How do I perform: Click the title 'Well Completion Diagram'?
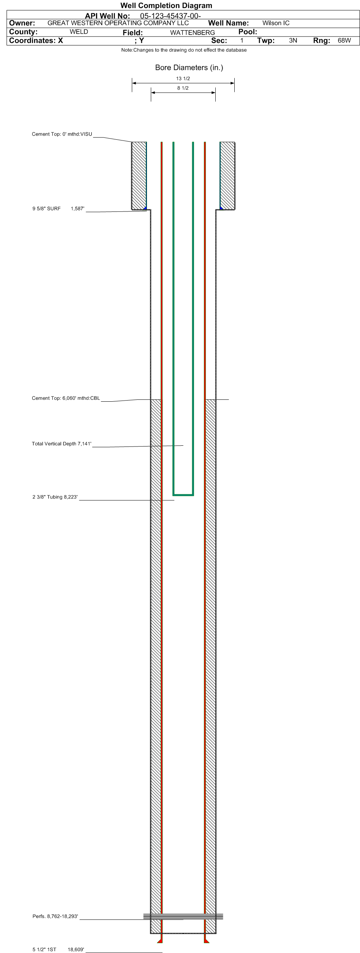click(x=166, y=5)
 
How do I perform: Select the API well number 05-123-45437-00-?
click(x=170, y=16)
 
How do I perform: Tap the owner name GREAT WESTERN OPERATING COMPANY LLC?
click(x=118, y=23)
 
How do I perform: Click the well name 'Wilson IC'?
click(x=276, y=23)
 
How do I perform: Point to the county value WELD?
click(x=79, y=32)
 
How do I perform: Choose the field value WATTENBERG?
click(x=193, y=33)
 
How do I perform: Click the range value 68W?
click(x=344, y=41)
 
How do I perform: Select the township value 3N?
click(x=293, y=41)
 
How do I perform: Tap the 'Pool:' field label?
click(x=248, y=32)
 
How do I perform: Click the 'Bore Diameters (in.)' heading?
click(x=189, y=68)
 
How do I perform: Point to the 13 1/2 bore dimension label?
click(x=183, y=79)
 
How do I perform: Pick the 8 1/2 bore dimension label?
click(x=183, y=88)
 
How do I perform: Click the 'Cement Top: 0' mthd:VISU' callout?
click(x=62, y=134)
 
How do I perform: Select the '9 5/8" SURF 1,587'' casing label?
click(x=58, y=208)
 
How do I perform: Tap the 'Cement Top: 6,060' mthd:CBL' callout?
click(x=66, y=398)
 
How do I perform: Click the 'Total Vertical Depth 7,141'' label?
click(x=62, y=444)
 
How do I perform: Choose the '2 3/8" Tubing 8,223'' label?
click(x=55, y=497)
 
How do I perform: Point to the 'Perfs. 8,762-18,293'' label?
click(x=55, y=916)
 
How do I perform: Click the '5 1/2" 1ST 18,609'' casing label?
click(x=58, y=950)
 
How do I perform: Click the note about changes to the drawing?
click(x=184, y=50)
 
